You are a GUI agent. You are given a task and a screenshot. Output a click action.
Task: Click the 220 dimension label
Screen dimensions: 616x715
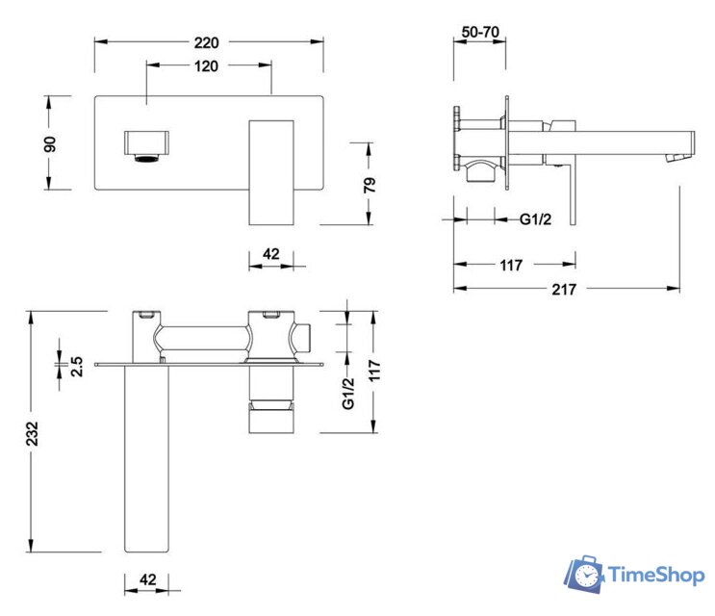[207, 42]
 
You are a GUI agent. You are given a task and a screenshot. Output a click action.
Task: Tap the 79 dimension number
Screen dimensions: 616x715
[370, 184]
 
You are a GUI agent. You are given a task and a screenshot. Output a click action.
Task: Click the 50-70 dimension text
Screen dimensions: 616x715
[479, 32]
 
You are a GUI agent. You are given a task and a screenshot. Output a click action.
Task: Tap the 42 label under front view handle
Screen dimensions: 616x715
[271, 254]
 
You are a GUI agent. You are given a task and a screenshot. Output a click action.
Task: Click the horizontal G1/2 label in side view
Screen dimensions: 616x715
[536, 219]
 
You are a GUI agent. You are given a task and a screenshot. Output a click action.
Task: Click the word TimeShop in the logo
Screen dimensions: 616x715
[656, 576]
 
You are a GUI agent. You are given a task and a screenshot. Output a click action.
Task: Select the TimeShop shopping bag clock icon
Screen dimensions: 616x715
[583, 574]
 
